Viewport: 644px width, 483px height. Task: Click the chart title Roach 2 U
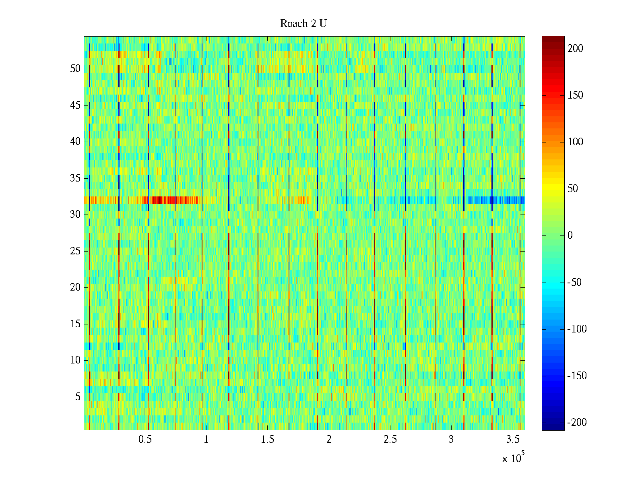click(303, 24)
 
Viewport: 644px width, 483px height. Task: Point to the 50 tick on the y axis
click(75, 68)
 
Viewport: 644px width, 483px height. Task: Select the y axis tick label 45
click(75, 105)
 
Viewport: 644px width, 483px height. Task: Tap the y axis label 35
click(75, 178)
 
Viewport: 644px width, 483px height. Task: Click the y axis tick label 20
click(75, 287)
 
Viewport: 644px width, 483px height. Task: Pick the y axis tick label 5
click(78, 396)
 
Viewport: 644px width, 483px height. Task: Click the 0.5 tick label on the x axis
click(145, 439)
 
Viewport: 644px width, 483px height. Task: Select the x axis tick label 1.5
click(267, 439)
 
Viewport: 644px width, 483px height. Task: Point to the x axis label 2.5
click(390, 439)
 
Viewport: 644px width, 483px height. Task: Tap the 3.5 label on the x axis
click(512, 439)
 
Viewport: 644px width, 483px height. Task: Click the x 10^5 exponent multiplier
click(513, 458)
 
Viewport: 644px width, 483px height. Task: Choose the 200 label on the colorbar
click(575, 48)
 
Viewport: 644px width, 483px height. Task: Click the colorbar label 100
click(575, 142)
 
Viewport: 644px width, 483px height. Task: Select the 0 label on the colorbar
click(570, 235)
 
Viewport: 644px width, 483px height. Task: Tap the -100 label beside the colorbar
click(577, 329)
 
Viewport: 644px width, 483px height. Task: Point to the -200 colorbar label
click(577, 422)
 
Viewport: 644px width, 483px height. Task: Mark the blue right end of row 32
click(507, 200)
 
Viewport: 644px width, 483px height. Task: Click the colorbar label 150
click(575, 95)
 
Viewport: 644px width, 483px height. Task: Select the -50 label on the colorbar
click(575, 282)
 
